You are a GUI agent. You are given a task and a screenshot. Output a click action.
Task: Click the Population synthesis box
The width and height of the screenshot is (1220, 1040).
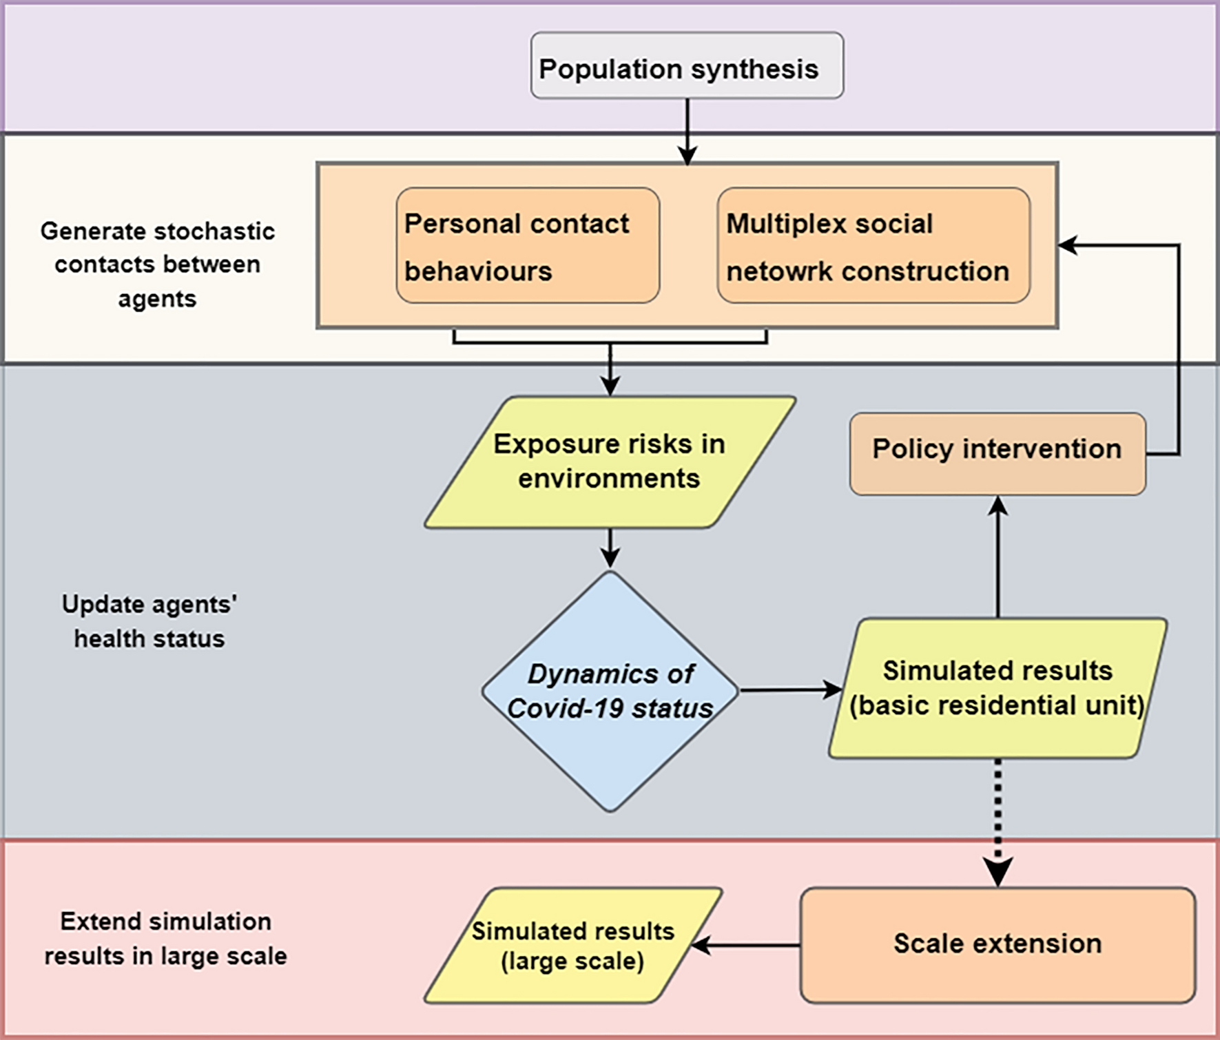(x=687, y=66)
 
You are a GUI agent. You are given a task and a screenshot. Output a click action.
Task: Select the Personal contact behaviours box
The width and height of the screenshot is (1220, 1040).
(x=528, y=246)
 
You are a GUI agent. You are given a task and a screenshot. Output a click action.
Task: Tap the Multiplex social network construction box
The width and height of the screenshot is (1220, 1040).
(x=873, y=246)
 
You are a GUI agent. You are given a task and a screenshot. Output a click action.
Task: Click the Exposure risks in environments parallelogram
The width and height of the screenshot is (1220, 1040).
(x=610, y=461)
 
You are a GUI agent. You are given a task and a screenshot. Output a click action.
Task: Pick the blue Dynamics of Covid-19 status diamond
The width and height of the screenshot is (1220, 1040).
(x=610, y=691)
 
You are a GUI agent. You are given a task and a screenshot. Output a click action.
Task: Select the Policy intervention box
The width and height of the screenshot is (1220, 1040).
(x=997, y=453)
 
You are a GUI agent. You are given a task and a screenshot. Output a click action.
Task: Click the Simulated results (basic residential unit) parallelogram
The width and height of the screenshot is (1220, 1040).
(x=997, y=688)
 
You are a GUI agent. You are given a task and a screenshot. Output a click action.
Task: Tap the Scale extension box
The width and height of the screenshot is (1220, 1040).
(x=997, y=944)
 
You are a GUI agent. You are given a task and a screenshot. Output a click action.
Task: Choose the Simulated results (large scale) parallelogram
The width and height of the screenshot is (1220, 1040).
(x=572, y=945)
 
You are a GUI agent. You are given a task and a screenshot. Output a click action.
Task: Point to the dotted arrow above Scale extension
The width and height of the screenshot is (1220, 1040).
(x=997, y=820)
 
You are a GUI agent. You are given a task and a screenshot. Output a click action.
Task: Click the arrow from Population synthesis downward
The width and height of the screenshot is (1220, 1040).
(x=687, y=131)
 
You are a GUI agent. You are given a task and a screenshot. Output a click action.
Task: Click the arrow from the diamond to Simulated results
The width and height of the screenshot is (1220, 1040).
(x=789, y=689)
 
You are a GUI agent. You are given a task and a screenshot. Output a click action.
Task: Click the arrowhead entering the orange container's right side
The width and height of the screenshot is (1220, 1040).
(x=1068, y=245)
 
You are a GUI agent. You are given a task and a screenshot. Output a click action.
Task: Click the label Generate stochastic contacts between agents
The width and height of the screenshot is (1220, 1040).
(x=157, y=264)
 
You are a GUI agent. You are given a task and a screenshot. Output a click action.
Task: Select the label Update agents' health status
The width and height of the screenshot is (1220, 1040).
(x=149, y=621)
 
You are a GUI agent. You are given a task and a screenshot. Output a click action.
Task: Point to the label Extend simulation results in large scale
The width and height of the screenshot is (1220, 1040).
(x=165, y=938)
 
